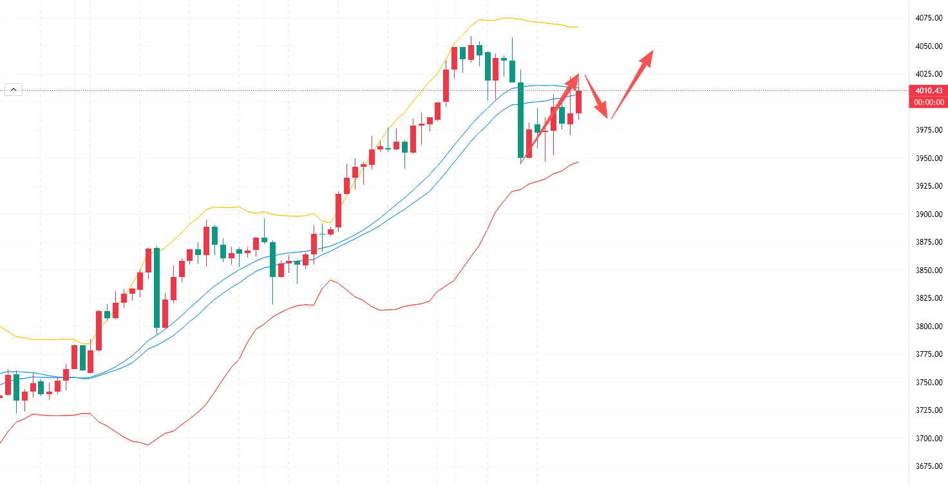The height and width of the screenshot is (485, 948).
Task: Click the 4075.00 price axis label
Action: pyautogui.click(x=928, y=18)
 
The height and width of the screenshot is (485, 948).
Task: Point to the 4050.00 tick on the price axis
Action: pyautogui.click(x=928, y=46)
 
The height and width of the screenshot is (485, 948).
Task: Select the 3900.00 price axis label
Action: pyautogui.click(x=928, y=214)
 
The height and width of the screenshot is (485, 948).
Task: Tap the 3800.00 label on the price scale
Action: pyautogui.click(x=928, y=327)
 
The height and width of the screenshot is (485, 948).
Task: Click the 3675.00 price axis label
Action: pyautogui.click(x=928, y=466)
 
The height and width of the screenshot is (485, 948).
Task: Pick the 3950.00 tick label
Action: pyautogui.click(x=928, y=158)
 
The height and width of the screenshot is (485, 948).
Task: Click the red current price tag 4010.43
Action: pyautogui.click(x=928, y=91)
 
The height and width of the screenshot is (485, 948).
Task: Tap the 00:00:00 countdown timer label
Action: pyautogui.click(x=928, y=102)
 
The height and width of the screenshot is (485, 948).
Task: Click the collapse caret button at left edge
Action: pyautogui.click(x=14, y=90)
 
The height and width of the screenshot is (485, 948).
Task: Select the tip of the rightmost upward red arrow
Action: pyautogui.click(x=652, y=52)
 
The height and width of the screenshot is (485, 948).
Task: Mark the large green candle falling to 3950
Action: pyautogui.click(x=520, y=120)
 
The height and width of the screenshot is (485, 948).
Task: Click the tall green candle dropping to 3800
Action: pyautogui.click(x=156, y=287)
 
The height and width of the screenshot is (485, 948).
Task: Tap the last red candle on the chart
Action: pyautogui.click(x=579, y=102)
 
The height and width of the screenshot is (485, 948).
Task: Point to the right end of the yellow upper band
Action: pyautogui.click(x=578, y=26)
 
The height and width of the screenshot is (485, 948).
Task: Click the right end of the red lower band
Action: pyautogui.click(x=578, y=162)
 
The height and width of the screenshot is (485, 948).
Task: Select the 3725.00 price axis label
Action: pyautogui.click(x=928, y=410)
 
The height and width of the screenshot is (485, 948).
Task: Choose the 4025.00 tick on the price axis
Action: pyautogui.click(x=928, y=74)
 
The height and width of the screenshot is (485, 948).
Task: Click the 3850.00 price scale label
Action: pyautogui.click(x=928, y=271)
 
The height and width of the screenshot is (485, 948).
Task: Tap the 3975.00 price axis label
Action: pyautogui.click(x=928, y=130)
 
